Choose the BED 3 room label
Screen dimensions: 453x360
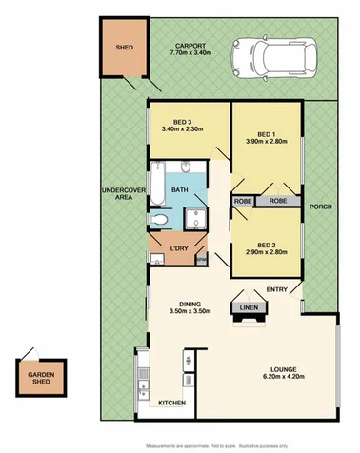click(x=177, y=122)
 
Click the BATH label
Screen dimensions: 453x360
click(x=180, y=190)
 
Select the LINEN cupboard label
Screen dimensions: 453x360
click(x=250, y=307)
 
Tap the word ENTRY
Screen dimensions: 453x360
click(x=276, y=290)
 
